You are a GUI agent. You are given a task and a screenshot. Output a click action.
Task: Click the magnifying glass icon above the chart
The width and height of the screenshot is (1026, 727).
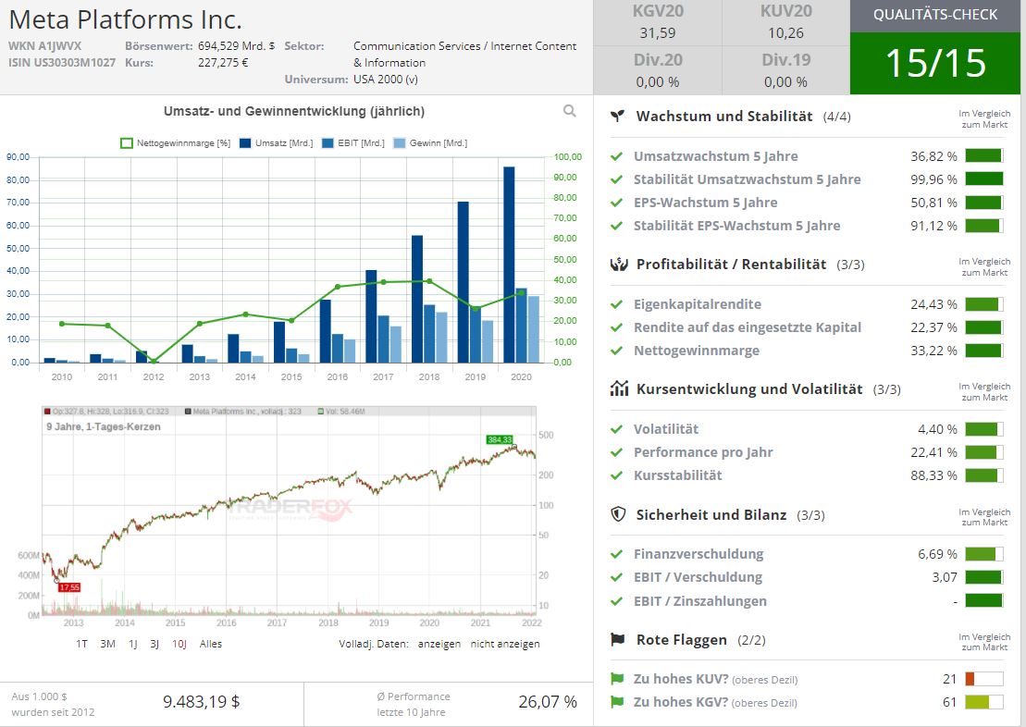point(569,111)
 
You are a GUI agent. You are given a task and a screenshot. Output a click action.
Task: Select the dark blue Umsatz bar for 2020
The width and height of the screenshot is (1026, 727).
point(509,264)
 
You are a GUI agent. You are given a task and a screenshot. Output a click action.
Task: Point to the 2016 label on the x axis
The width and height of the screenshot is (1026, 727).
point(338,377)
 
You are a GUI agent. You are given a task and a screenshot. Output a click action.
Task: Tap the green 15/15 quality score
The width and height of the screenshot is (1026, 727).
point(936,62)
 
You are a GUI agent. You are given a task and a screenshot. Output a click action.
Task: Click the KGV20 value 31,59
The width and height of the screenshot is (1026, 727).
point(657,33)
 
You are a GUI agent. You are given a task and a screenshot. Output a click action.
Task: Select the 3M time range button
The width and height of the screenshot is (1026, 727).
point(107,644)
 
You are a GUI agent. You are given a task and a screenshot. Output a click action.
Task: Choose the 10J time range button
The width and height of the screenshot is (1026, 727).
point(179,644)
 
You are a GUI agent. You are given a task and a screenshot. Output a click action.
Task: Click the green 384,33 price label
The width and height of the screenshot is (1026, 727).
point(500,439)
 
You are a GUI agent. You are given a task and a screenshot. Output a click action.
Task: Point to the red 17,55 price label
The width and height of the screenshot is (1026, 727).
point(69,587)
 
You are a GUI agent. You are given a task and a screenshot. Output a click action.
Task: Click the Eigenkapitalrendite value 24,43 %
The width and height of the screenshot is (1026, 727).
point(933,304)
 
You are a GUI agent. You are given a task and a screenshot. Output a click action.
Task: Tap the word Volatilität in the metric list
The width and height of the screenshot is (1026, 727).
point(666,429)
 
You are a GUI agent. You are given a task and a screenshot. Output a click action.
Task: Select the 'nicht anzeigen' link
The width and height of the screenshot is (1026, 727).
point(505,644)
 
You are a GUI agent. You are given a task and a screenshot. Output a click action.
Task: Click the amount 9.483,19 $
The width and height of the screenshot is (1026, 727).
point(202,702)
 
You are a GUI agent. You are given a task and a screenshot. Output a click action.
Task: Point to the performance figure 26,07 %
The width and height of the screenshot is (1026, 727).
point(548,702)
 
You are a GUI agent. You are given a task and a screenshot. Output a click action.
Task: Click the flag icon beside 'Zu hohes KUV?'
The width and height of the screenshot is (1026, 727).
point(617,679)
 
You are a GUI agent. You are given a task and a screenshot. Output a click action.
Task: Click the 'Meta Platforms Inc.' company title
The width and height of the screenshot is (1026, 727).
point(125,19)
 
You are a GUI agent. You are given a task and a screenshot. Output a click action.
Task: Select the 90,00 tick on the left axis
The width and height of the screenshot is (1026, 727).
point(18,157)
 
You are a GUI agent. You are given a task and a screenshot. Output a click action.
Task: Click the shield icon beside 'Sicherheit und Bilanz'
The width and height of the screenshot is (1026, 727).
point(619,514)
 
